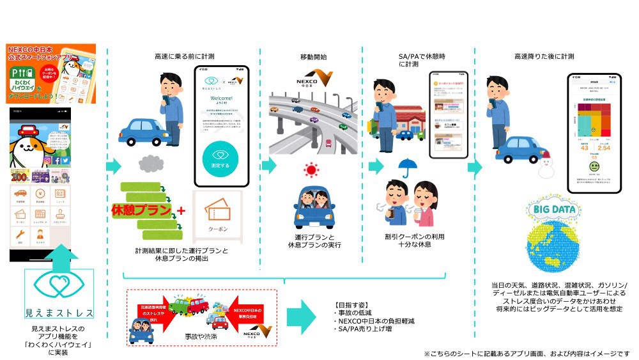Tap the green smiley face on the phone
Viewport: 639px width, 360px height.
tap(595, 167)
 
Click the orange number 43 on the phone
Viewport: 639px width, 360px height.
tap(584, 148)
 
